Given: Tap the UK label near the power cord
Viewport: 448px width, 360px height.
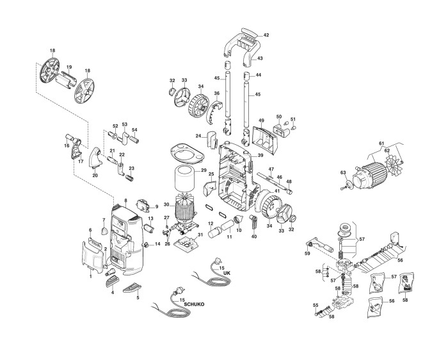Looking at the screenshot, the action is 226,273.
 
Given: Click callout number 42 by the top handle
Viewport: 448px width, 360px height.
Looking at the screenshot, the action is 266,35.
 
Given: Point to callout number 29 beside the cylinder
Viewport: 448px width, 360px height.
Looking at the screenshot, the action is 204,171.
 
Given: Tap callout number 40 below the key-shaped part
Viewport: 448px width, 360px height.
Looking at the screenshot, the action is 253,237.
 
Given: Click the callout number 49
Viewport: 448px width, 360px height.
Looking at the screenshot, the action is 261,120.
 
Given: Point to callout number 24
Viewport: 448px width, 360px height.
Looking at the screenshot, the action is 198,135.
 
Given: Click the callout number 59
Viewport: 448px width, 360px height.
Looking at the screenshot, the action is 307,254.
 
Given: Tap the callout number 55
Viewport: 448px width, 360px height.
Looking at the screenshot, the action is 314,305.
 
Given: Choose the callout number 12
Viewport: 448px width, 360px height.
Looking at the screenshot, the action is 209,223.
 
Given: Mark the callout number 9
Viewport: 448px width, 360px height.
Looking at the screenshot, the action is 156,207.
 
